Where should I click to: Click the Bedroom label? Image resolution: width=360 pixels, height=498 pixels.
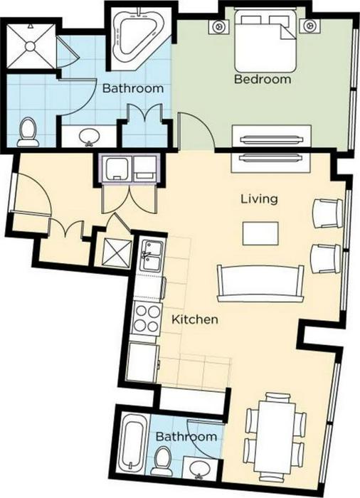[263, 79]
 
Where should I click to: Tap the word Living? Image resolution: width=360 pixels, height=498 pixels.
[259, 199]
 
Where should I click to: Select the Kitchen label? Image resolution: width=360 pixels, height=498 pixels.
[195, 319]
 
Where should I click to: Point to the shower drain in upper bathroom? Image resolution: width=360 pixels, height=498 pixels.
[30, 46]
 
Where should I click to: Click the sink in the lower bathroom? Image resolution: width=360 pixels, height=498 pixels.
[199, 468]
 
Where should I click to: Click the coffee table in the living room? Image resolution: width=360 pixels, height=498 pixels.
[260, 233]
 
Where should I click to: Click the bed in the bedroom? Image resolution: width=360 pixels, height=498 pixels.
[265, 41]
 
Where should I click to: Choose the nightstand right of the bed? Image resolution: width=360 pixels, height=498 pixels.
[307, 26]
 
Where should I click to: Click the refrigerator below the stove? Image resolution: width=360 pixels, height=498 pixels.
[142, 362]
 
